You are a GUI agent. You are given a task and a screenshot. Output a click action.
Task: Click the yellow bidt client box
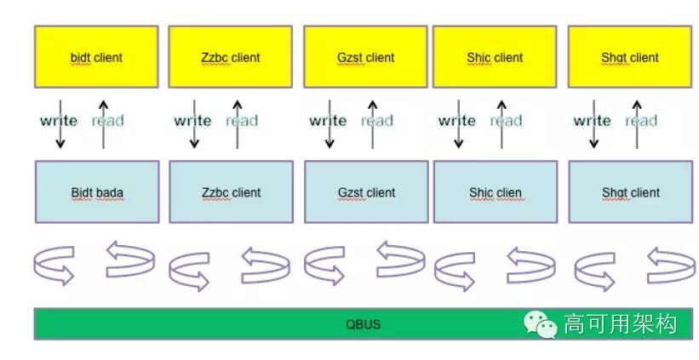[96, 57]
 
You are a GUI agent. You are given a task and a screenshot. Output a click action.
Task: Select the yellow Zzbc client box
[231, 57]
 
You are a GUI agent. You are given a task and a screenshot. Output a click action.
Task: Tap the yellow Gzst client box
[365, 57]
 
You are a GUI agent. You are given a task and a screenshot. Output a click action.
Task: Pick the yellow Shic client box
[495, 57]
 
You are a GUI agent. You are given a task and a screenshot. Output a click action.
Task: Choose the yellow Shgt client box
[630, 57]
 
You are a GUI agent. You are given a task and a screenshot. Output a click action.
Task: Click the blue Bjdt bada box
[96, 192]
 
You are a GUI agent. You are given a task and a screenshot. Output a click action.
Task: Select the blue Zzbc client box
[231, 192]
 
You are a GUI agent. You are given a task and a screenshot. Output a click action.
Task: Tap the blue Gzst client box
[365, 192]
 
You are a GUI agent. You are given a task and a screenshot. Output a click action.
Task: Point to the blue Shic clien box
[495, 192]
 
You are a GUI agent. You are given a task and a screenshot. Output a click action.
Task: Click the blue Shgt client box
[630, 192]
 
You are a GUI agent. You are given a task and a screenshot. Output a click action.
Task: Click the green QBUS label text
[364, 324]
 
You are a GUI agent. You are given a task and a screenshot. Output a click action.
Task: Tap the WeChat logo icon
[541, 323]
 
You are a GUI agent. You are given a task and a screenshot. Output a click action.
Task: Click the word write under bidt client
[58, 121]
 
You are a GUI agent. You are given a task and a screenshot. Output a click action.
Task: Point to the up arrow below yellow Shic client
[501, 123]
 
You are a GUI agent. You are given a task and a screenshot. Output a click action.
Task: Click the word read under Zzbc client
[242, 121]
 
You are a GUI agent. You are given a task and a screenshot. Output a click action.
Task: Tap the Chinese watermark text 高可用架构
[620, 323]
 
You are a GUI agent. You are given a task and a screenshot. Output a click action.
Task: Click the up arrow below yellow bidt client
[103, 123]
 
